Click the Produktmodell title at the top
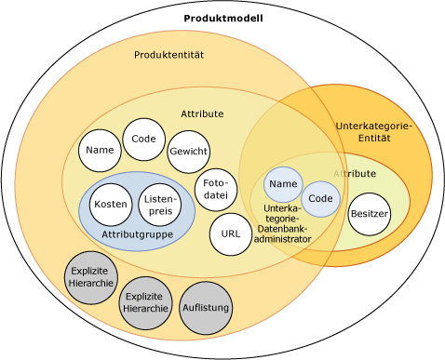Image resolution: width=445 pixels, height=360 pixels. (x=223, y=19)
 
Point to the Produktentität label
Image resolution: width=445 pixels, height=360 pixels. (x=169, y=55)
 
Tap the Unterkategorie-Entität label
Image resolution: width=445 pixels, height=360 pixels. (x=372, y=131)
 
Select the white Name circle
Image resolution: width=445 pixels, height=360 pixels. (x=100, y=150)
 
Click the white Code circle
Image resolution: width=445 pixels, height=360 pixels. (x=143, y=139)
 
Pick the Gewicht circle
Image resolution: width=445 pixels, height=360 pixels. (x=188, y=152)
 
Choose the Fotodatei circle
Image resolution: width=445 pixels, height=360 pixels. (x=215, y=189)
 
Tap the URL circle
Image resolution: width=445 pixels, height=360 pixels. (x=231, y=234)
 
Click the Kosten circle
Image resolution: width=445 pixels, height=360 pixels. (x=111, y=205)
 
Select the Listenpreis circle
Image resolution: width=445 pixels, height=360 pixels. (x=159, y=206)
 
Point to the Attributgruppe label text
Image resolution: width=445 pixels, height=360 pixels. (x=137, y=234)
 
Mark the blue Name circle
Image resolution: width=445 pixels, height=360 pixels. (x=283, y=184)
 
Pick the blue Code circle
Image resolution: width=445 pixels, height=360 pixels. (x=320, y=199)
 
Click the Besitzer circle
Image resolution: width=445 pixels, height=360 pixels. (x=369, y=214)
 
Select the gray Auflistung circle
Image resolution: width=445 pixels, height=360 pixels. (x=205, y=308)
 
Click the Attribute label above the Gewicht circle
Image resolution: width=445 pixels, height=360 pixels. (x=202, y=113)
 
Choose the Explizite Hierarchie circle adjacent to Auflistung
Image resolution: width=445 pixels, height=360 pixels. (x=146, y=302)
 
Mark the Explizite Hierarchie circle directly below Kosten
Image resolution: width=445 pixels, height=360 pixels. (x=91, y=276)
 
